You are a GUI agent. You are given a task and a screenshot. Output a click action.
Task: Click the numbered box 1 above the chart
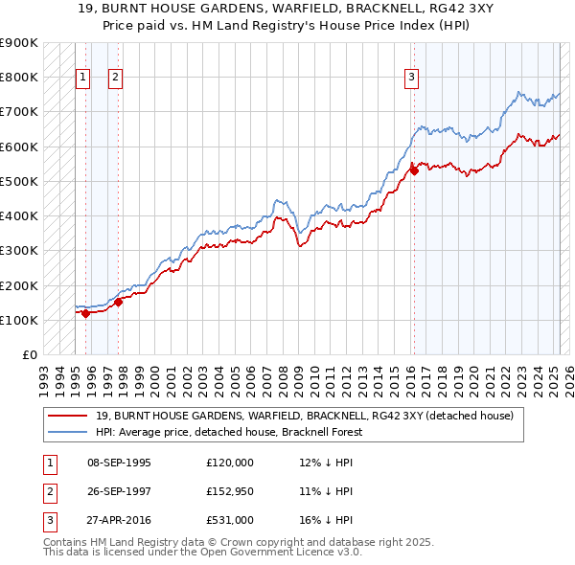[x=82, y=78]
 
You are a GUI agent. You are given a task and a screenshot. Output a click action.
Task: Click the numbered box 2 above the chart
[x=115, y=78]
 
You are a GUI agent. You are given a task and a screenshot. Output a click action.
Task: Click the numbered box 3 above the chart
[x=411, y=78]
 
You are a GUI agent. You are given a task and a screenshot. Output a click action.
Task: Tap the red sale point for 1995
[x=85, y=312]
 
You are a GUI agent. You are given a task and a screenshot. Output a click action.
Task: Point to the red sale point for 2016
[x=414, y=170]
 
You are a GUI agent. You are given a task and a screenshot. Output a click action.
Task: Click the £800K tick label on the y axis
[x=18, y=77]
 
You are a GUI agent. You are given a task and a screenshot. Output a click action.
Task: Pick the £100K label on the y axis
[x=18, y=320]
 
